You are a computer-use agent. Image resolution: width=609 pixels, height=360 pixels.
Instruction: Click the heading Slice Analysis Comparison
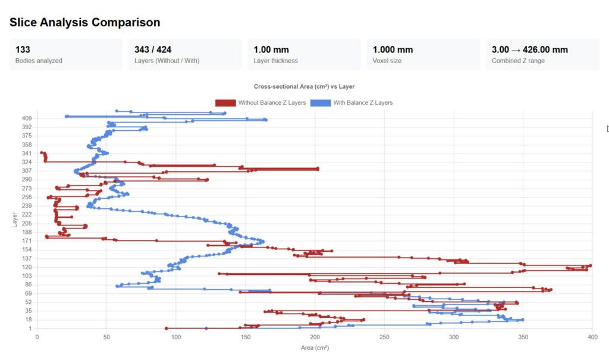(84, 23)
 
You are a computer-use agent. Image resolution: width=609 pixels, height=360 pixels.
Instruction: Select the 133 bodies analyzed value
(23, 50)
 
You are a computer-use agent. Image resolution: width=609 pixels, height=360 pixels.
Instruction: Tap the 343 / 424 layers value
(153, 50)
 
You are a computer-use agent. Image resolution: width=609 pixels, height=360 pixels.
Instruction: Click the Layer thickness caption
(275, 61)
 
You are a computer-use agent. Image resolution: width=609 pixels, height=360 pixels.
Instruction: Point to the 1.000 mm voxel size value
(393, 50)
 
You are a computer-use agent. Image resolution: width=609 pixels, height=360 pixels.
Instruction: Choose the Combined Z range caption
(518, 61)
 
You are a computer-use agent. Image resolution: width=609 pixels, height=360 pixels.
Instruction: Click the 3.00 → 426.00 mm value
(529, 50)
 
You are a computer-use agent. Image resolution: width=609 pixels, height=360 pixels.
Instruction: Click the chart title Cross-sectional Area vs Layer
(304, 87)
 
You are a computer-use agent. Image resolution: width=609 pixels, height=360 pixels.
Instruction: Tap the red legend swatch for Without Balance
(225, 103)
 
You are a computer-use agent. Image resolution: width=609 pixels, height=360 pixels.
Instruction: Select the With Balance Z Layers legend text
(363, 103)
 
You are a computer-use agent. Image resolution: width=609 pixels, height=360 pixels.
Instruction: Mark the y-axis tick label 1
(30, 328)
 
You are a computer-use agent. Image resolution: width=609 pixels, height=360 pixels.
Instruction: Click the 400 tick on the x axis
(592, 337)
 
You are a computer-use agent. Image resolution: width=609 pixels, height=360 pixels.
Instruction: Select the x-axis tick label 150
(246, 337)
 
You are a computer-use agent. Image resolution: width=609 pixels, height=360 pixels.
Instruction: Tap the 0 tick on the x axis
(37, 337)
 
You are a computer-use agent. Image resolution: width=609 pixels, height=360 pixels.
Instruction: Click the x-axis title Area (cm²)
(314, 348)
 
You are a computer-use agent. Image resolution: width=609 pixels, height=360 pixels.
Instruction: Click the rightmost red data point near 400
(590, 265)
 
